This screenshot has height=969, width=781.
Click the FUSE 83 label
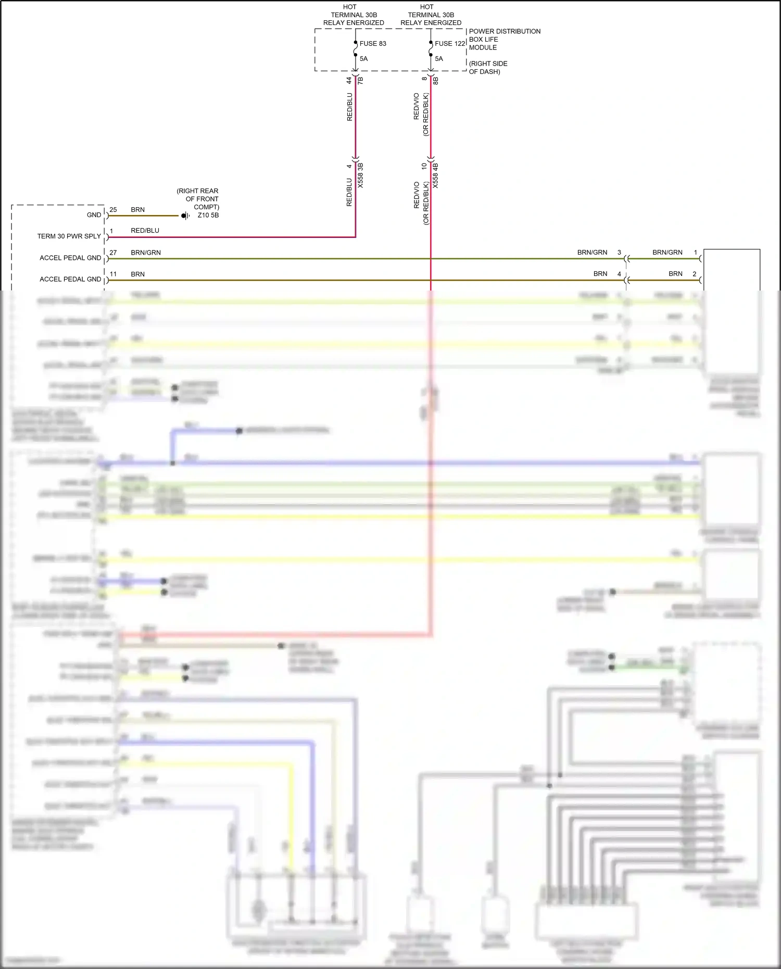pyautogui.click(x=373, y=44)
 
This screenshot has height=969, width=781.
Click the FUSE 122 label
pyautogui.click(x=450, y=44)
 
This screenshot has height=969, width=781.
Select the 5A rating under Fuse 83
pyautogui.click(x=363, y=59)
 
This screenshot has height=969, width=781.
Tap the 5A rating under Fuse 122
pyautogui.click(x=439, y=59)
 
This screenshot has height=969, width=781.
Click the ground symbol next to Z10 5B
pyautogui.click(x=185, y=216)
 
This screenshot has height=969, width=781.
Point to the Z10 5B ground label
pyautogui.click(x=208, y=216)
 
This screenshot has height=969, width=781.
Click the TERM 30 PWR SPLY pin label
pyautogui.click(x=69, y=236)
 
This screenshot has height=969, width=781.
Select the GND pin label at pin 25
pyautogui.click(x=94, y=215)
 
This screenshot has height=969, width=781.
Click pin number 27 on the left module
pyautogui.click(x=113, y=253)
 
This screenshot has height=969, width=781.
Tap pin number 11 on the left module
pyautogui.click(x=113, y=274)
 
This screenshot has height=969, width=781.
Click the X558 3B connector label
pyautogui.click(x=360, y=175)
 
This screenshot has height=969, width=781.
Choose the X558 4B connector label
pyautogui.click(x=436, y=175)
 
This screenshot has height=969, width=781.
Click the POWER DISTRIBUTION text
pyautogui.click(x=505, y=31)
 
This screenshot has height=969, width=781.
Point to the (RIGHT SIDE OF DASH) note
pyautogui.click(x=488, y=68)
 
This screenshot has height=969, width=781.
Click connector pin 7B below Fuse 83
pyautogui.click(x=360, y=80)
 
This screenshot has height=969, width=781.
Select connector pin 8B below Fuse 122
pyautogui.click(x=436, y=80)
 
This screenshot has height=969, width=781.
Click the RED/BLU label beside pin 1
pyautogui.click(x=145, y=231)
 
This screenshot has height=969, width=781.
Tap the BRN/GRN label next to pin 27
pyautogui.click(x=146, y=253)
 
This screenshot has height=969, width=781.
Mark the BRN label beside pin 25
pyautogui.click(x=137, y=210)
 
